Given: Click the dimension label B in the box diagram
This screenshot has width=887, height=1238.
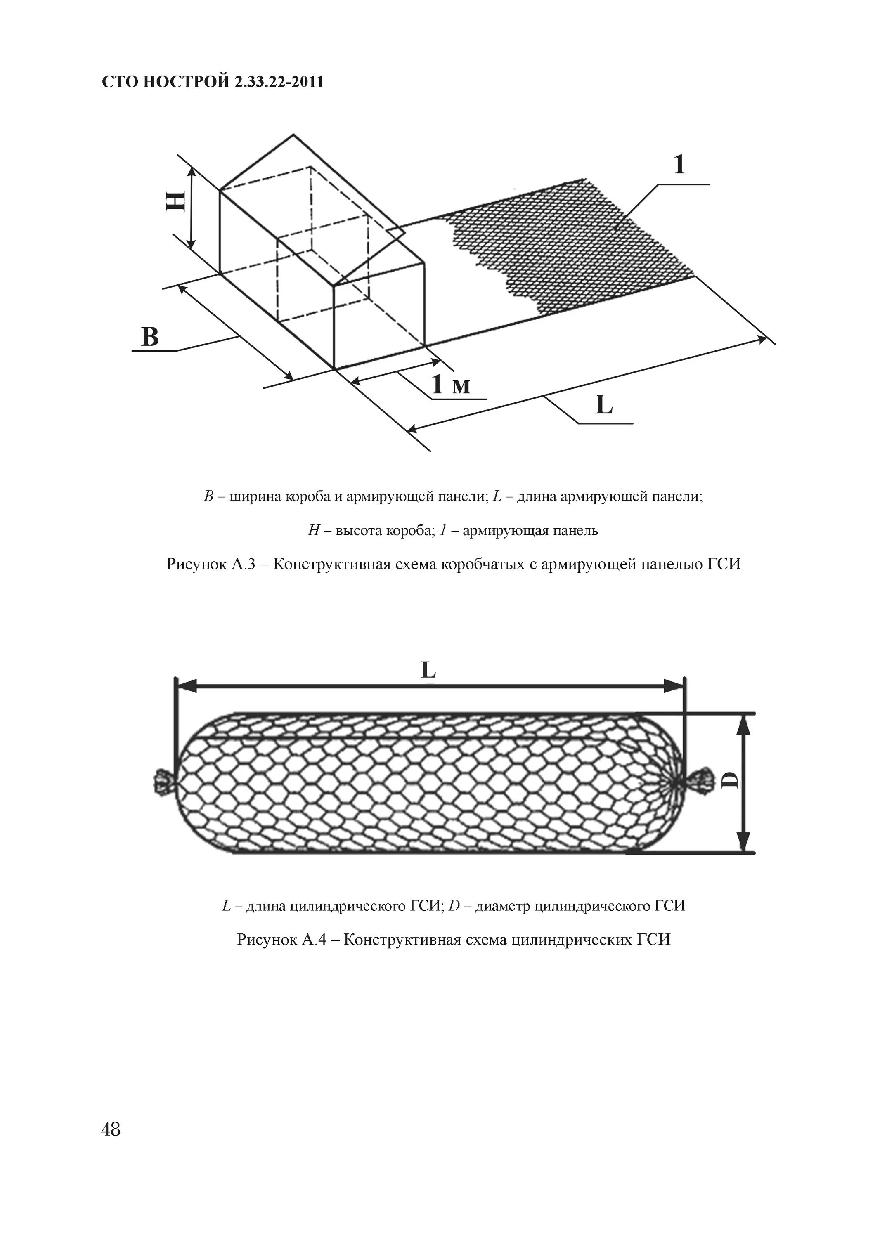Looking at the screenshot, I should click(x=149, y=337).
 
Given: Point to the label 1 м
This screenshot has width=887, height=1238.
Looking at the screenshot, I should click(x=450, y=385).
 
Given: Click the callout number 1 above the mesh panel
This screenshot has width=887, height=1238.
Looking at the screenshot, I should click(x=679, y=164).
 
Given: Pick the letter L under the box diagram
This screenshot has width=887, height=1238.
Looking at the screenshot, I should click(x=604, y=405).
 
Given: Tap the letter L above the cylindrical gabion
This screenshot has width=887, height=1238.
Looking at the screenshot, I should click(x=428, y=670).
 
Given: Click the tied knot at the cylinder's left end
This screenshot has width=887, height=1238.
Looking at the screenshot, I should click(x=162, y=781).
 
